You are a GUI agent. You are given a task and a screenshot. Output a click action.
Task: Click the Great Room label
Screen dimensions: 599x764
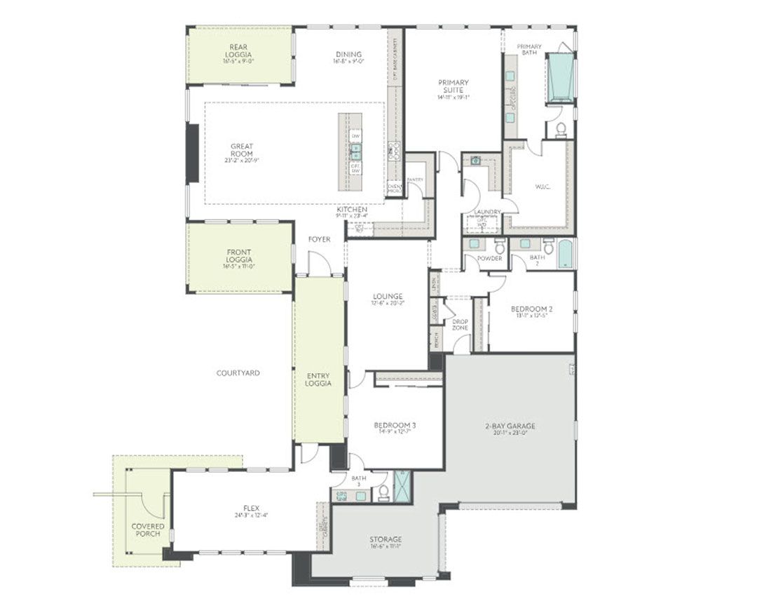click(x=242, y=150)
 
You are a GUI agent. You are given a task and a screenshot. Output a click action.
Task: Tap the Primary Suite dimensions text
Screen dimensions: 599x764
click(x=453, y=97)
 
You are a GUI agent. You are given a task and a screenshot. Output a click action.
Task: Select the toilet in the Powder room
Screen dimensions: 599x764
click(x=500, y=246)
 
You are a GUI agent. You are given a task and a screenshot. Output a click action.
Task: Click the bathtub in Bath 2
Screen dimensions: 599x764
click(x=565, y=254)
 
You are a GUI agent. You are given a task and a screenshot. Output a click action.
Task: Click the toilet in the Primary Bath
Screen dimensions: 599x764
click(x=560, y=128)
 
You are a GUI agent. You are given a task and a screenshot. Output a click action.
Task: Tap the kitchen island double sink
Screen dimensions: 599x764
click(x=355, y=149)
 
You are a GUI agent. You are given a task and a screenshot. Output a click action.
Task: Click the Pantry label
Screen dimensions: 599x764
click(x=415, y=180)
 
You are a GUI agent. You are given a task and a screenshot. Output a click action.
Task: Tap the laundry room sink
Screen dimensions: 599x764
click(x=476, y=160)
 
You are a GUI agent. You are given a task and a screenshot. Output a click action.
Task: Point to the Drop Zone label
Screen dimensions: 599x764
click(x=460, y=325)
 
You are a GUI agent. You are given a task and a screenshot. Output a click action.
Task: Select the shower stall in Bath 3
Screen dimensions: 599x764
click(x=403, y=484)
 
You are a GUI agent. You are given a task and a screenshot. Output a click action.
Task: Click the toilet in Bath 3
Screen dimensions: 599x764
click(x=384, y=494)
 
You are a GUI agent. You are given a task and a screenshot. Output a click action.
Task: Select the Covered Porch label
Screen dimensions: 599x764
click(x=148, y=530)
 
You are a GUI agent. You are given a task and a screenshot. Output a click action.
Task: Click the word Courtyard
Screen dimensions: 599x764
click(x=238, y=373)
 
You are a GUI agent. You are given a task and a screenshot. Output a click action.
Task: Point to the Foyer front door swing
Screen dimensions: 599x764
click(x=319, y=263)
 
